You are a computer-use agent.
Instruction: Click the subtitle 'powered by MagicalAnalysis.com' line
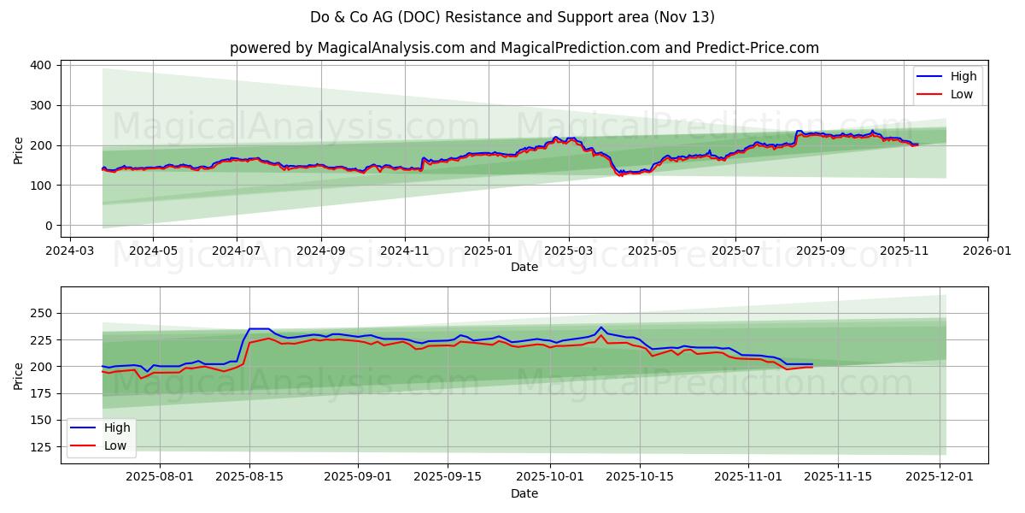(524, 48)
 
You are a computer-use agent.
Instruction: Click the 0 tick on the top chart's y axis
(50, 226)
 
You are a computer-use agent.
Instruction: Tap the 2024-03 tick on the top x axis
(69, 252)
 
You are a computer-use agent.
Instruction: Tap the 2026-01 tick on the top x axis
(987, 252)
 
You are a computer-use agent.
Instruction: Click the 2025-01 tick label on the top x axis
(489, 252)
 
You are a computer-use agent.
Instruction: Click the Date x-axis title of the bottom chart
(524, 493)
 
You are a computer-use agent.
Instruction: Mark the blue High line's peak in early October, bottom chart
(601, 327)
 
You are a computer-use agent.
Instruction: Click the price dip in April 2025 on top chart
(621, 174)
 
